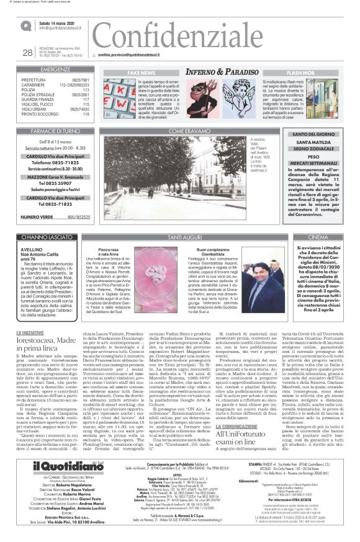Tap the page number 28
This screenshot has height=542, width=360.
(27, 52)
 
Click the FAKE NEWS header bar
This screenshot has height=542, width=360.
(141, 73)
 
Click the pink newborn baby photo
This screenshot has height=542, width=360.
(156, 271)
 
